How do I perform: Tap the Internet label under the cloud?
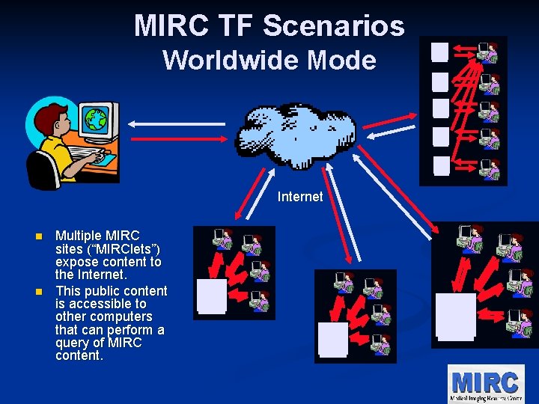point(300,197)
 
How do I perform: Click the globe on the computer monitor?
point(95,118)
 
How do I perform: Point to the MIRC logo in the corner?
point(485,383)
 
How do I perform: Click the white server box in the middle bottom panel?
point(332,338)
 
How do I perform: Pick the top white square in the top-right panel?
point(439,52)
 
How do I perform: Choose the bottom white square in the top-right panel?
point(441,165)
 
